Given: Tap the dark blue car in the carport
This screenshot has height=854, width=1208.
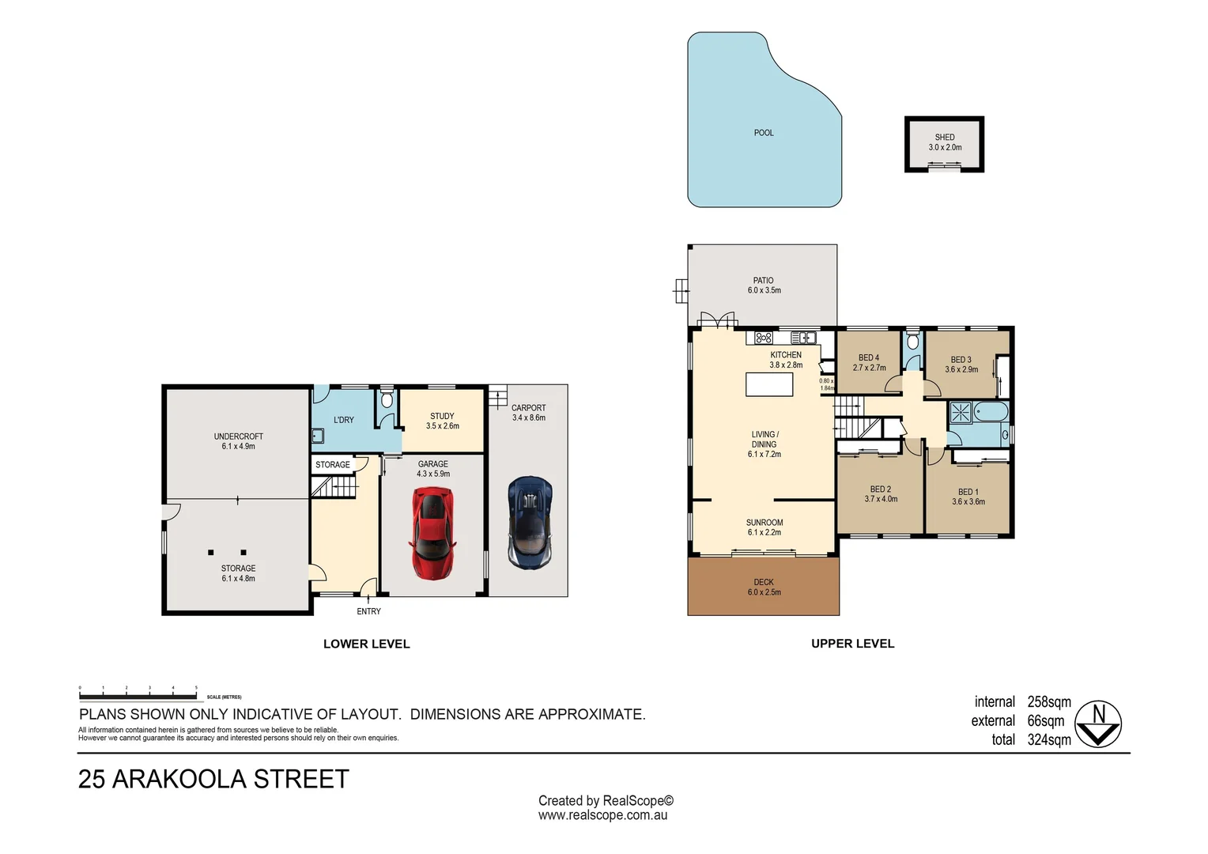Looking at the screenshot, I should pyautogui.click(x=530, y=522).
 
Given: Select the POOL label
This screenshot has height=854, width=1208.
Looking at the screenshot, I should pyautogui.click(x=763, y=133).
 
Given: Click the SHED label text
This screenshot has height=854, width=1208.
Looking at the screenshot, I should pyautogui.click(x=944, y=138).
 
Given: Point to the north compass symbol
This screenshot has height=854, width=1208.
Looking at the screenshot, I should pyautogui.click(x=1099, y=724).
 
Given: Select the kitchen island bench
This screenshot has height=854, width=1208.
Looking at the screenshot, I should pyautogui.click(x=768, y=384).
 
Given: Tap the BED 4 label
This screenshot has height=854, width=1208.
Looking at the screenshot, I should pyautogui.click(x=868, y=358).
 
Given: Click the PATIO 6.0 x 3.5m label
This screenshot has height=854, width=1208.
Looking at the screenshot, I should pyautogui.click(x=764, y=285).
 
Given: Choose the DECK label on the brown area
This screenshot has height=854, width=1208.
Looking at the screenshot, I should pyautogui.click(x=763, y=583).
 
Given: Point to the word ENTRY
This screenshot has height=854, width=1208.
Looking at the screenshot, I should pyautogui.click(x=368, y=611).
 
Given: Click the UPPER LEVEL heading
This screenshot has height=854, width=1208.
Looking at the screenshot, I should pyautogui.click(x=852, y=644).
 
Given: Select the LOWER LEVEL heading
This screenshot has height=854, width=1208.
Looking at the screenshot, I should pyautogui.click(x=366, y=644).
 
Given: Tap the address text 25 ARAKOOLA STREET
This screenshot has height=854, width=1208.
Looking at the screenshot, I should pyautogui.click(x=213, y=780).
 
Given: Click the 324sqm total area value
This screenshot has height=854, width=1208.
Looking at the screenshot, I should pyautogui.click(x=1048, y=740).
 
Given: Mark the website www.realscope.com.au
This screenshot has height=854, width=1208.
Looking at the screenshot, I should pyautogui.click(x=602, y=815).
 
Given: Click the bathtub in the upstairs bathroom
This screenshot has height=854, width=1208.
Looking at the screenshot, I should pyautogui.click(x=991, y=412).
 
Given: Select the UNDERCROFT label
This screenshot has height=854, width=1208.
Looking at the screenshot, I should pyautogui.click(x=238, y=436).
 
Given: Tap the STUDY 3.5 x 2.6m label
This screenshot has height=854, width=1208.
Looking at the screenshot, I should pyautogui.click(x=442, y=421).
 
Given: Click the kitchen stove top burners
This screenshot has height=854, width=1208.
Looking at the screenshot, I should pyautogui.click(x=763, y=338).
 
